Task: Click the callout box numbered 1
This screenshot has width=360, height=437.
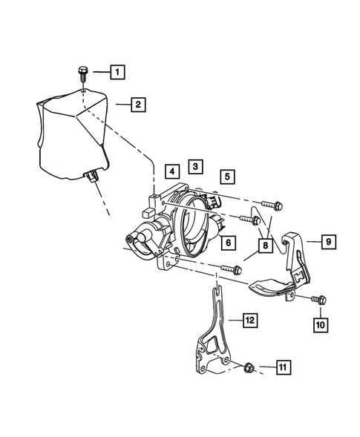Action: [x=117, y=72]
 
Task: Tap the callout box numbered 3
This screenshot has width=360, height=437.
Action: [x=194, y=166]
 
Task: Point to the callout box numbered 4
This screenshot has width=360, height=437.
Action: [x=171, y=171]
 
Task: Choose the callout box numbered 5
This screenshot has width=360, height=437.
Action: [x=227, y=177]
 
